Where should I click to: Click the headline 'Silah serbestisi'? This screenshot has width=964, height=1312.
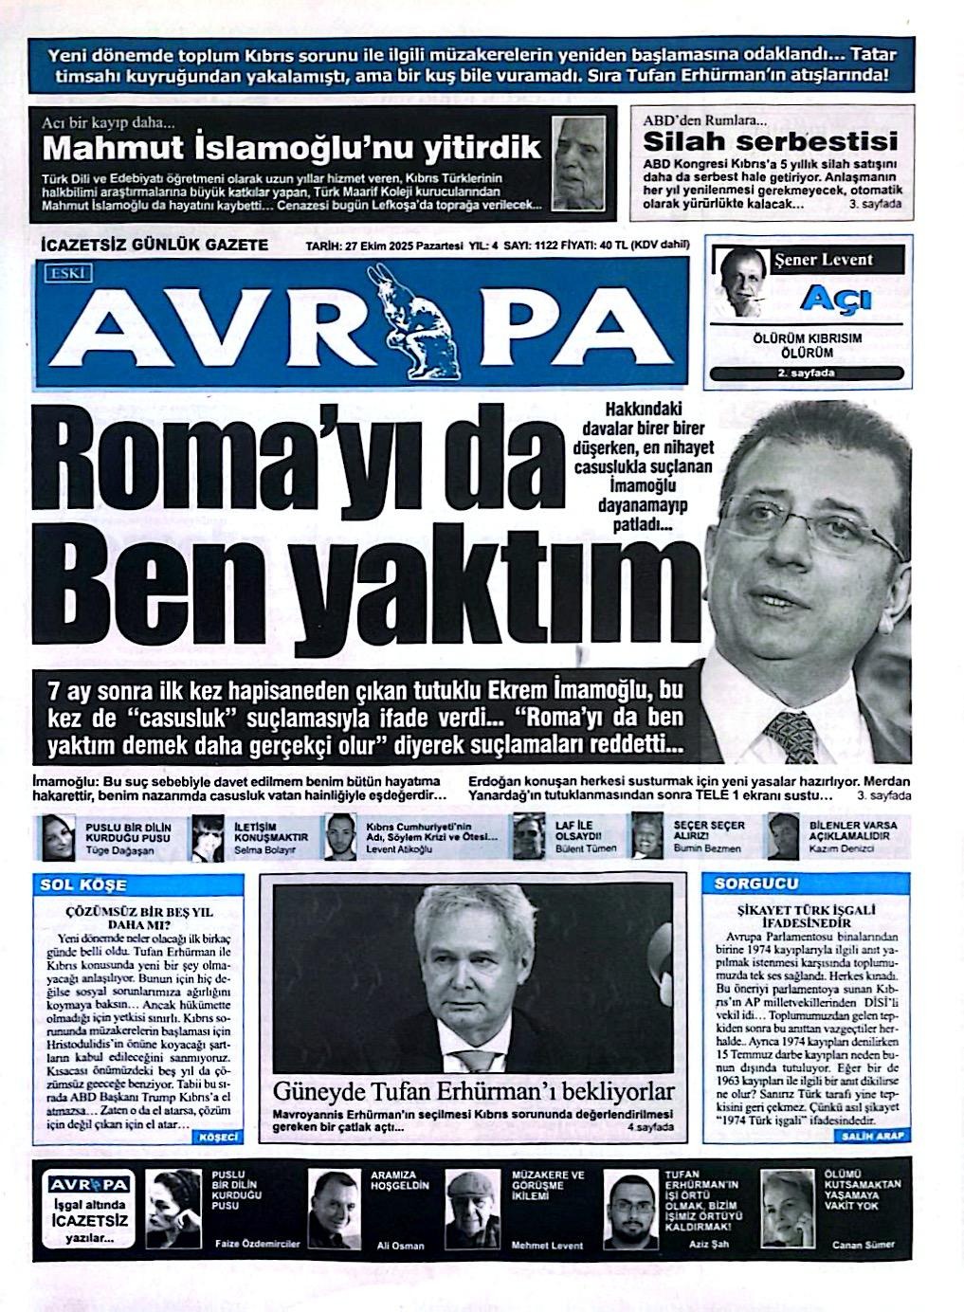(x=769, y=142)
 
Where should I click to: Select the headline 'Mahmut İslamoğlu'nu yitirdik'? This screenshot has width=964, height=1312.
(x=292, y=148)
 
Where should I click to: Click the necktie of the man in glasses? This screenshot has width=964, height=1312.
(x=790, y=733)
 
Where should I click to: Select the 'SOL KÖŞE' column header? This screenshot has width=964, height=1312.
(x=83, y=884)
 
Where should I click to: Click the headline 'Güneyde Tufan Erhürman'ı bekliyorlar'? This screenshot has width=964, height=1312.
(x=473, y=1091)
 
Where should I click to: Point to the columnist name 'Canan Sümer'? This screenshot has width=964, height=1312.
(x=863, y=1245)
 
